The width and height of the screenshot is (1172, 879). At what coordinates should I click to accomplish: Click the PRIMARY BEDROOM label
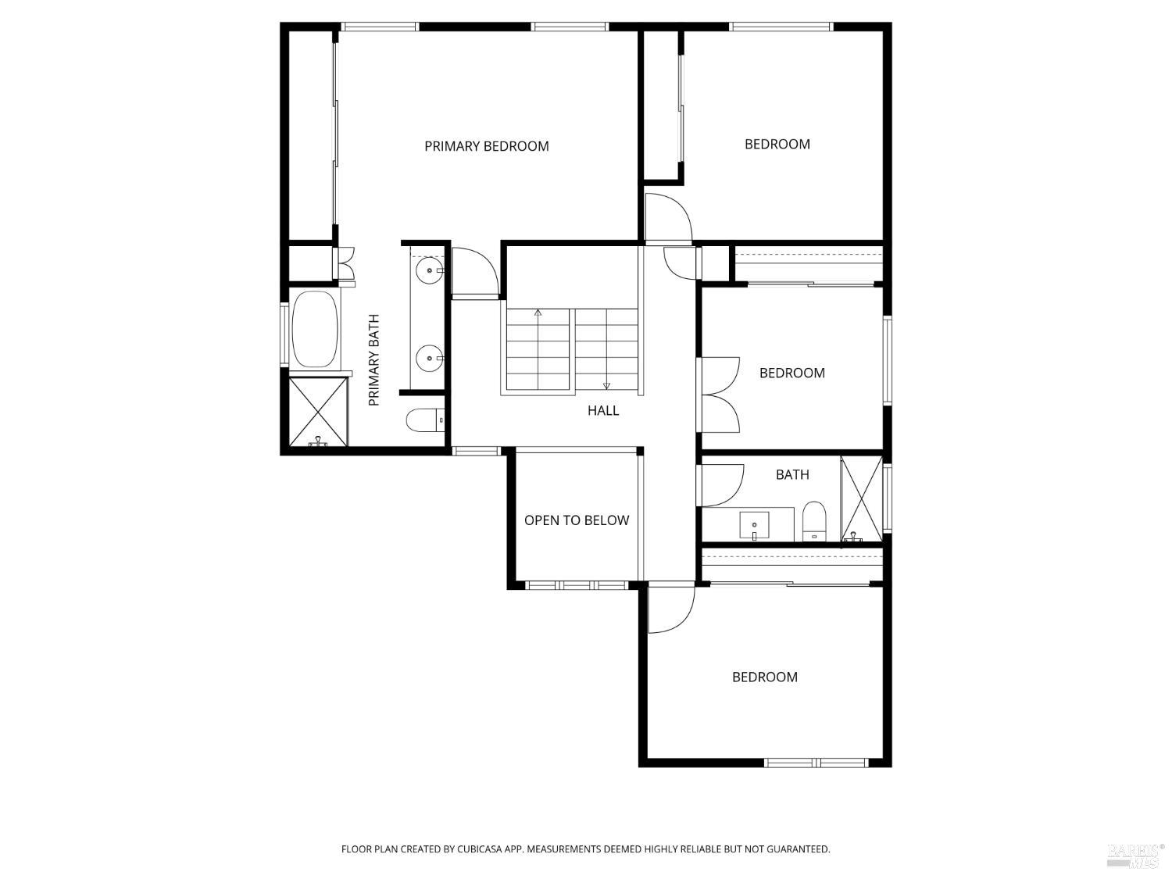tap(486, 146)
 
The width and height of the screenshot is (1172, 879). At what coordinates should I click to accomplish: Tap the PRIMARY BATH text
tap(374, 360)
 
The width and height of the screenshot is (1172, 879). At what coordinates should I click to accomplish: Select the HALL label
tap(603, 410)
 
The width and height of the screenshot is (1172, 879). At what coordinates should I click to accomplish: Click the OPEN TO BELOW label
tap(577, 520)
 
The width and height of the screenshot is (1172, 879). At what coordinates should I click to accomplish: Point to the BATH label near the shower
tap(792, 474)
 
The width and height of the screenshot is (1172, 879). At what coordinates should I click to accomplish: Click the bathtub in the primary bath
tap(315, 329)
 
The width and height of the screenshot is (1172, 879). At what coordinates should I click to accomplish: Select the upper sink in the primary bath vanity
tap(429, 271)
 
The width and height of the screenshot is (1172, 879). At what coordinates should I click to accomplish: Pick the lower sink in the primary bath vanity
tap(429, 359)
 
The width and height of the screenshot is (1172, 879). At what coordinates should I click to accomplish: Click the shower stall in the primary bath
tap(318, 411)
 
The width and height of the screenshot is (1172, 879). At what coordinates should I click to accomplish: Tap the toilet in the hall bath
tap(814, 520)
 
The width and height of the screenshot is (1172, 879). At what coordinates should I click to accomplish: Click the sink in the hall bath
tap(754, 525)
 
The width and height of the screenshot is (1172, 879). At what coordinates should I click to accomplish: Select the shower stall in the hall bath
tap(861, 499)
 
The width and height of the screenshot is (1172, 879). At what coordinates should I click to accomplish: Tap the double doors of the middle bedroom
tap(720, 395)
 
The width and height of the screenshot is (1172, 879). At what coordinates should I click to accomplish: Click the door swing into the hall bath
tap(721, 485)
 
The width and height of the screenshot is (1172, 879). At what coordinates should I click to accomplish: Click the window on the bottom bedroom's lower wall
tap(816, 763)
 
